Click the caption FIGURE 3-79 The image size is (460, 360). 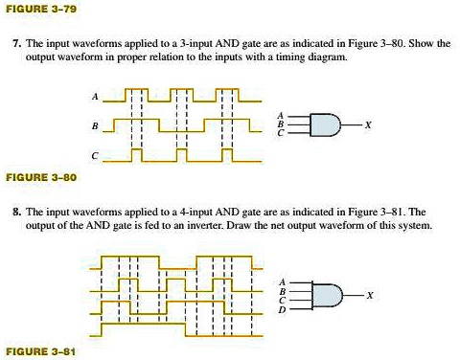tap(40, 8)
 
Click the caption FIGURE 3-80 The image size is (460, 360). tap(40, 177)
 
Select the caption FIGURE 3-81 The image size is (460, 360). tap(40, 351)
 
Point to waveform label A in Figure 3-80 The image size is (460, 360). tap(94, 98)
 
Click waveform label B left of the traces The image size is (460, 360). tap(94, 126)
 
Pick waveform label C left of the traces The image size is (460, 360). tap(94, 155)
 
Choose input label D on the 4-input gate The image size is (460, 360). tap(282, 308)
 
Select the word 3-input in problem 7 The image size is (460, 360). tap(205, 44)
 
